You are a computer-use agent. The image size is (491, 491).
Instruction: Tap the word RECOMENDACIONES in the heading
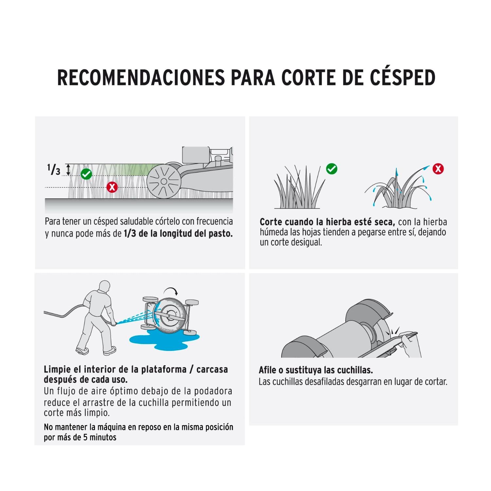pyautogui.click(x=141, y=78)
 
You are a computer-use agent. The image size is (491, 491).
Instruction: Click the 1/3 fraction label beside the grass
pyautogui.click(x=54, y=170)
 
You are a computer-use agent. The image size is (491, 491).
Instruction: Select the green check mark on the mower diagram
pyautogui.click(x=86, y=174)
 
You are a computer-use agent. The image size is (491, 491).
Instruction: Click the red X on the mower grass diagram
pyautogui.click(x=112, y=187)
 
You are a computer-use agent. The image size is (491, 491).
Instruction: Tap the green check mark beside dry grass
pyautogui.click(x=332, y=169)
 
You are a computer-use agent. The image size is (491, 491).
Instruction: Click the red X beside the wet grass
pyautogui.click(x=438, y=169)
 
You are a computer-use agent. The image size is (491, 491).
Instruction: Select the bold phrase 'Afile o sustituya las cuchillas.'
pyautogui.click(x=316, y=370)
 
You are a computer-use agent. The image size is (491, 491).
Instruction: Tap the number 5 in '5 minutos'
pyautogui.click(x=85, y=437)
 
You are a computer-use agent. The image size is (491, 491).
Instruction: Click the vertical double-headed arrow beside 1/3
pyautogui.click(x=68, y=170)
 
